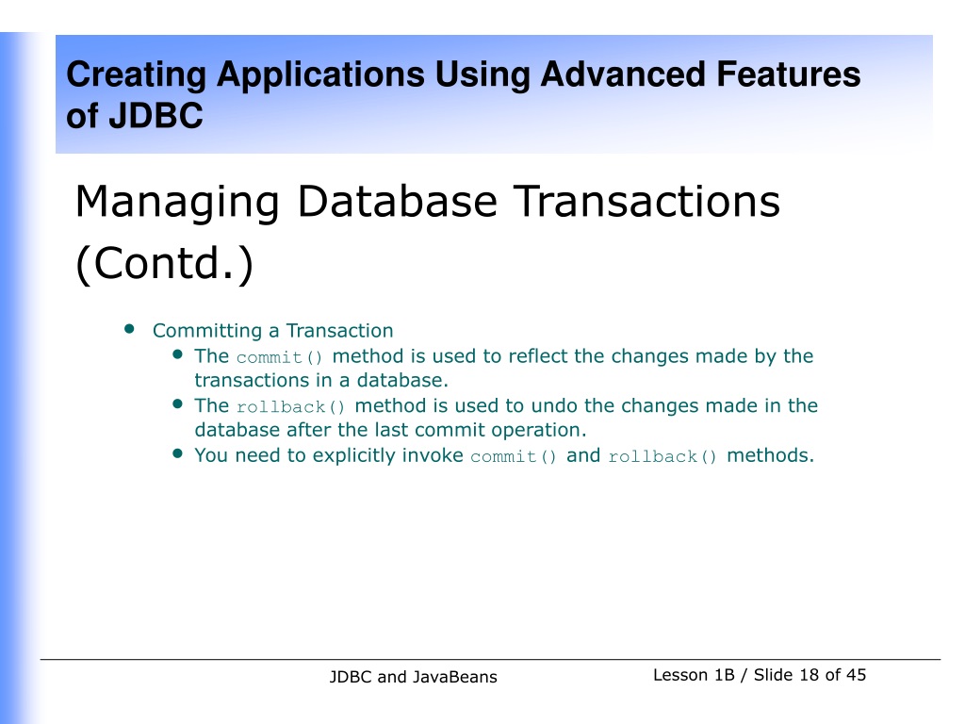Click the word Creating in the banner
[136, 75]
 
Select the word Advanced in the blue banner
[623, 74]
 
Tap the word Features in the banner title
[789, 74]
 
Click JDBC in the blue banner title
[155, 115]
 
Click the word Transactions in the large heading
[646, 202]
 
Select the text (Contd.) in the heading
[164, 264]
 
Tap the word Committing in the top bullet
[207, 331]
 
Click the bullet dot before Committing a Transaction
[129, 329]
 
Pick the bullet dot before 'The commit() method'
[178, 354]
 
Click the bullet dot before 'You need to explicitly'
[178, 453]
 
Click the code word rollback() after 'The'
[290, 407]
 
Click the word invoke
[432, 455]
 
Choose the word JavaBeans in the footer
[455, 677]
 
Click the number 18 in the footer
[810, 675]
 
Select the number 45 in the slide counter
[856, 675]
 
